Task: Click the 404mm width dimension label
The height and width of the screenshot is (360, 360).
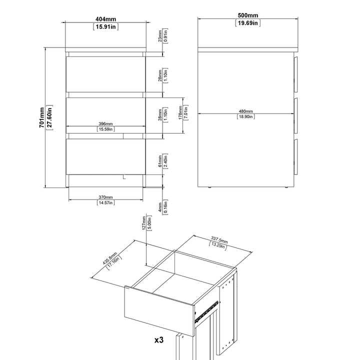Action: coord(105,19)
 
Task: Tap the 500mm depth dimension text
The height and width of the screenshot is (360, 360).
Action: coord(247,15)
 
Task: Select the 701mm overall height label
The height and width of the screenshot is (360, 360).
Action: coord(41,117)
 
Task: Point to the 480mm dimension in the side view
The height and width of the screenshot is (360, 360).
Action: coord(245,111)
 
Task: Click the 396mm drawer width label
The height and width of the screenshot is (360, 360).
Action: coord(105,124)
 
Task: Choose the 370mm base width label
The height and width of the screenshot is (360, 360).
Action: coord(105,197)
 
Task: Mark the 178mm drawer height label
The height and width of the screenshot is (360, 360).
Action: coord(180,112)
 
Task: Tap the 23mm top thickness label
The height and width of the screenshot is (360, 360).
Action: coord(160,36)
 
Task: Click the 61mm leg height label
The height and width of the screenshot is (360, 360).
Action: coord(160,161)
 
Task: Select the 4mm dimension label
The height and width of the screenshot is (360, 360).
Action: coord(160,207)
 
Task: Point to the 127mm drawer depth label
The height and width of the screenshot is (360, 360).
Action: coord(144,223)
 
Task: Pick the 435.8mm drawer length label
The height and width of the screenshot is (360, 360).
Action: coord(109,258)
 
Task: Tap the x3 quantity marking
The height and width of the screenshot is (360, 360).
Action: coord(159,340)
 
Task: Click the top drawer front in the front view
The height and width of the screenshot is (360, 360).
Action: coord(105,74)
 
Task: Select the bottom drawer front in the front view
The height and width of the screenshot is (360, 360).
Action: coord(105,156)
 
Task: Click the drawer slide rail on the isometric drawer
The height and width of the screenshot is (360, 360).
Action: coord(206,311)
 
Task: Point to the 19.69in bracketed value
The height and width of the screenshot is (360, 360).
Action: coord(247,23)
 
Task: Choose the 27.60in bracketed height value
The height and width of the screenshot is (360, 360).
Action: coord(49,117)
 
